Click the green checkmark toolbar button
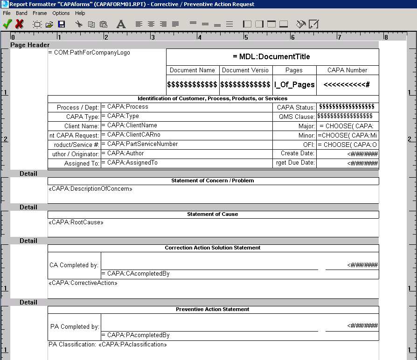pyautogui.click(x=7, y=24)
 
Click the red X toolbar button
pyautogui.click(x=20, y=24)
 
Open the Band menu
pyautogui.click(x=21, y=13)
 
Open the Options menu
pyautogui.click(x=61, y=13)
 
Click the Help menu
pyautogui.click(x=80, y=13)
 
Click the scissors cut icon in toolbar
pyautogui.click(x=79, y=24)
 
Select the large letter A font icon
pyautogui.click(x=121, y=24)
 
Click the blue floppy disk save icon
pyautogui.click(x=62, y=24)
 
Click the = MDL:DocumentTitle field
pyautogui.click(x=271, y=57)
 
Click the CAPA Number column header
pyautogui.click(x=347, y=70)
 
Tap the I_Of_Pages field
pyautogui.click(x=294, y=85)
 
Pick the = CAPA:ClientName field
pyautogui.click(x=129, y=125)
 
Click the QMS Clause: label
pyautogui.click(x=297, y=117)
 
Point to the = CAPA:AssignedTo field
pyautogui.click(x=130, y=163)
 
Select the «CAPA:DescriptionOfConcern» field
pyautogui.click(x=90, y=189)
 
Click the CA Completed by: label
pyautogui.click(x=74, y=265)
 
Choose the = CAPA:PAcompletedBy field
pyautogui.click(x=135, y=335)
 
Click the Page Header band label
pyautogui.click(x=30, y=45)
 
